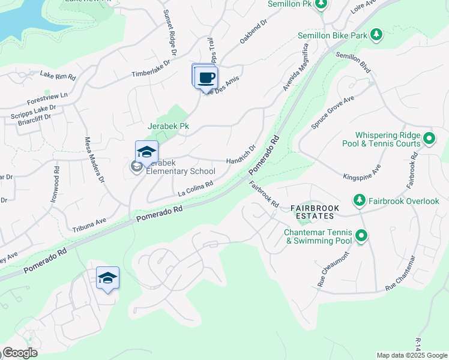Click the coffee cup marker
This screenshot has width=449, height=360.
[206, 78]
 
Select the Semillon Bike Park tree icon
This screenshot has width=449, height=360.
[376, 35]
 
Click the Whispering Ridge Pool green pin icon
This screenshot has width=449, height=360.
[429, 139]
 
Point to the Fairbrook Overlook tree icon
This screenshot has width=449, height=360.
[359, 201]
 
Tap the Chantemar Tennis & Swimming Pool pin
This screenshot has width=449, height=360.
[361, 236]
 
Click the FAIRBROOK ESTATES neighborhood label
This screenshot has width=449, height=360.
[315, 212]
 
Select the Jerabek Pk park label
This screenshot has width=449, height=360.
[169, 127]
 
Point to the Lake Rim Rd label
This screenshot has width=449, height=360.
[58, 76]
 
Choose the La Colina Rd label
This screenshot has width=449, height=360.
[196, 189]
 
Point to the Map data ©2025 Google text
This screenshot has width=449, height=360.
[412, 355]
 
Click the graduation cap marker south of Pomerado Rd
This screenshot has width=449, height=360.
[108, 278]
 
